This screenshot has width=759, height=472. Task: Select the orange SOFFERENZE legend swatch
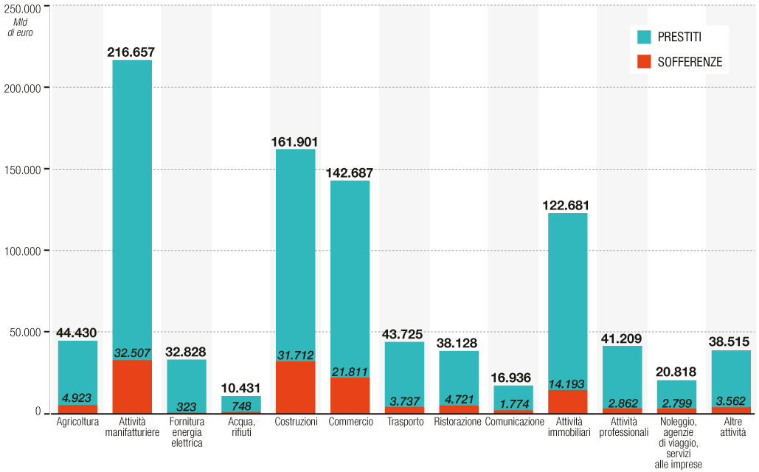coord(643,62)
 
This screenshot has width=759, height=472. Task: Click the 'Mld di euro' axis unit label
coord(24,27)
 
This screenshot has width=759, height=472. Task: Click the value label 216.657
coord(131,52)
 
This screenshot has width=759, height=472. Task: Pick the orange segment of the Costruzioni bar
coord(295,386)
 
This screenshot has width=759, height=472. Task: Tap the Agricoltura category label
coord(77,422)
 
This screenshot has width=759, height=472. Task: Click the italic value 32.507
coord(132,353)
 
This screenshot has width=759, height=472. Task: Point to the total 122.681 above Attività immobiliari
coord(567,206)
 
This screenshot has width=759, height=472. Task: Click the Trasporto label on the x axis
coord(405,422)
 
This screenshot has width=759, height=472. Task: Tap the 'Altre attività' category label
coord(731,427)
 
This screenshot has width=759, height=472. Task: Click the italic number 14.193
coord(567,383)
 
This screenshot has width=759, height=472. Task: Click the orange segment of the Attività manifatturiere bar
coord(132,386)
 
